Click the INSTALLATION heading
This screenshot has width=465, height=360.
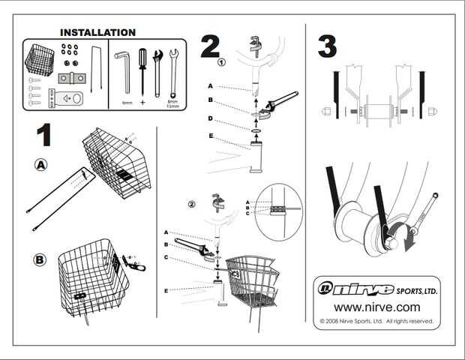[x=97, y=33]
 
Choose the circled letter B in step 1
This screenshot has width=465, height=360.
[x=40, y=260]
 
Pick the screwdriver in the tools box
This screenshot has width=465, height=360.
[x=142, y=73]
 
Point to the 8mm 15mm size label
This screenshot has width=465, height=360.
[x=173, y=103]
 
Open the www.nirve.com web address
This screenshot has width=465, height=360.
[x=376, y=307]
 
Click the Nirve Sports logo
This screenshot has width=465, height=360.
[x=375, y=289]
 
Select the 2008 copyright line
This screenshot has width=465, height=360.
[x=376, y=321]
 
